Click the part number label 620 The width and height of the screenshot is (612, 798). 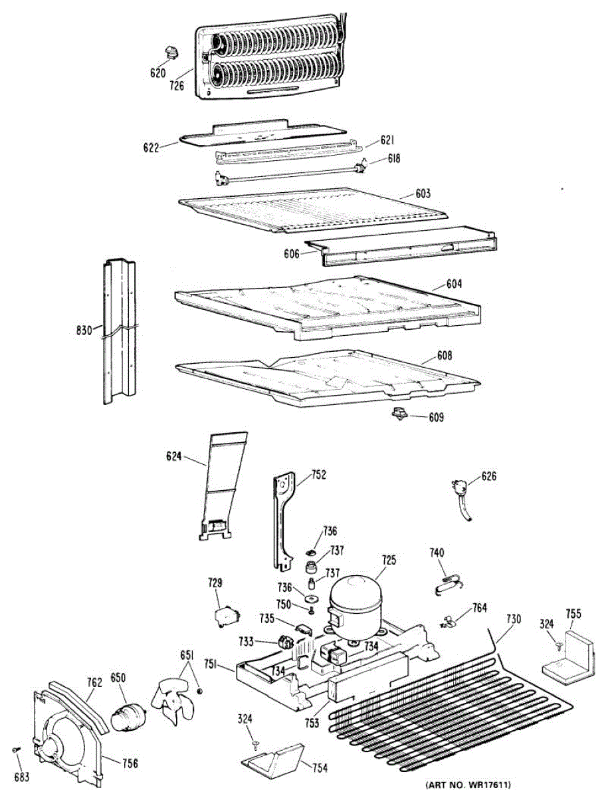coord(157,73)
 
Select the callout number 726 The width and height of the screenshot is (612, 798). coord(176,85)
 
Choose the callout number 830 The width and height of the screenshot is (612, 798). coord(84,329)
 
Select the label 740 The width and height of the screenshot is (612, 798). coord(437,553)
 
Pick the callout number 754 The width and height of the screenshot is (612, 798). coord(320,768)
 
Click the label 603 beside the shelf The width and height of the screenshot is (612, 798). coord(423,194)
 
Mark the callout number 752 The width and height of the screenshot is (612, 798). coord(320,475)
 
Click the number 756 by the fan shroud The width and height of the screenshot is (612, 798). coord(130,763)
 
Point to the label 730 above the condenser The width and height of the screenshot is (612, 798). coord(514,618)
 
